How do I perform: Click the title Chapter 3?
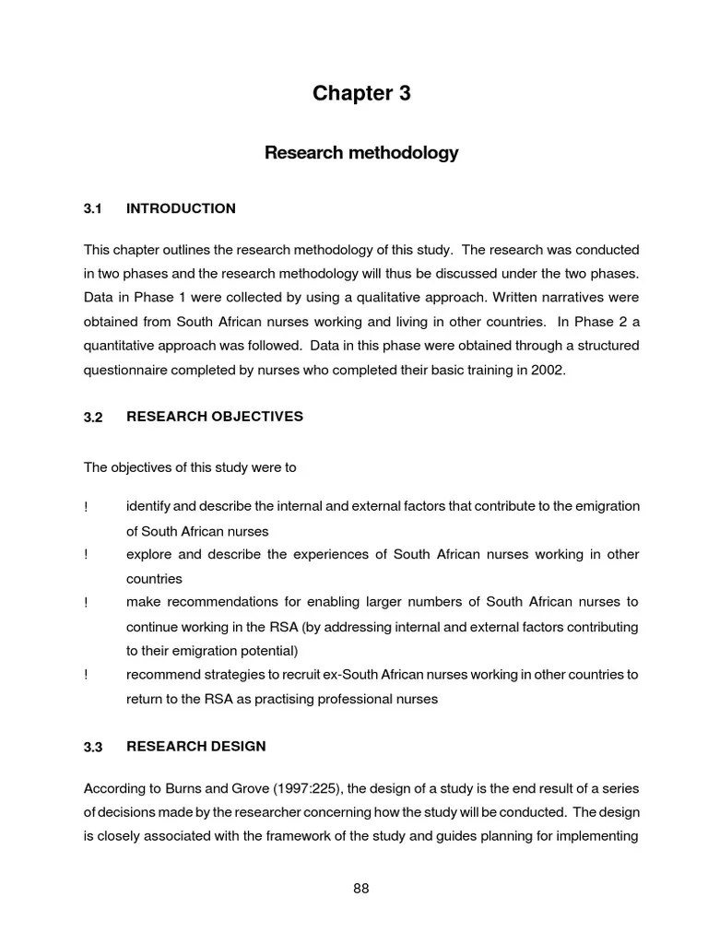(x=361, y=93)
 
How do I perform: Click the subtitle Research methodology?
(x=361, y=153)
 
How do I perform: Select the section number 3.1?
(x=92, y=209)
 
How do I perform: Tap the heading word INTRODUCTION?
(x=181, y=209)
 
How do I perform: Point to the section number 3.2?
(x=92, y=418)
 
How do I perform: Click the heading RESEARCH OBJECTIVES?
(x=214, y=417)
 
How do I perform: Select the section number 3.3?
(x=92, y=747)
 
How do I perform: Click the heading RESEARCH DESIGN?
(x=195, y=747)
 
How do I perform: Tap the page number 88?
(x=361, y=889)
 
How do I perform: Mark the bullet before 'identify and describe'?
(x=86, y=507)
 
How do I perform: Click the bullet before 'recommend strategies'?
(x=86, y=675)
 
